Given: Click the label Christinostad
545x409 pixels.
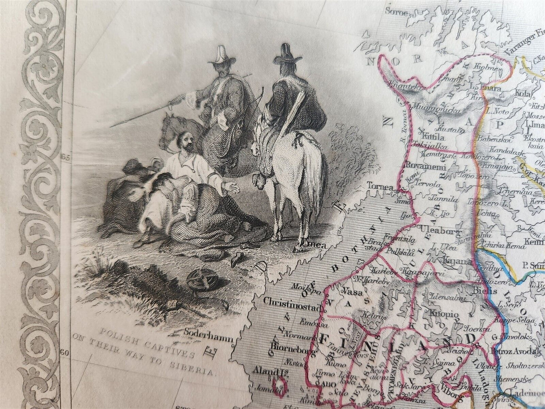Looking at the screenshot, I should click(x=293, y=301).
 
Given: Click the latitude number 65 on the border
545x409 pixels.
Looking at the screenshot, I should click(x=65, y=158).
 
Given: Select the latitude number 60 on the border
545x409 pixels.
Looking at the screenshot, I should click(x=65, y=353).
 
